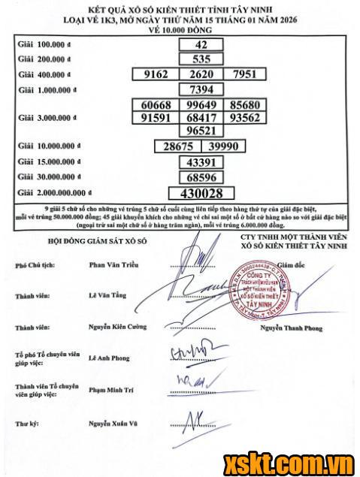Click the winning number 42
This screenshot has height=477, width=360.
201,44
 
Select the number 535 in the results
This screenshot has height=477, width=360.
201,59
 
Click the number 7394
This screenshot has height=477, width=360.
201,89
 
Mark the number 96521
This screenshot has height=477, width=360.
201,131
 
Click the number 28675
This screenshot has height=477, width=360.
178,146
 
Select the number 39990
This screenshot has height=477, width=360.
223,146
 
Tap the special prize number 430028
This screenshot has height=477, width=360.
201,192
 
